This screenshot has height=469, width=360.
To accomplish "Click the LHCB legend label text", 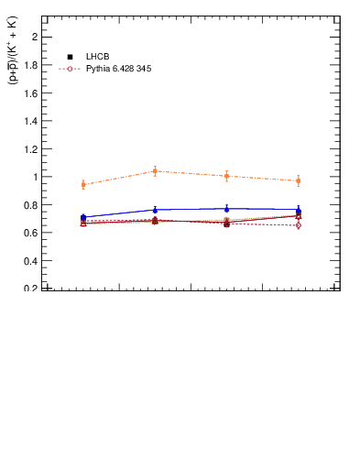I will (97, 57).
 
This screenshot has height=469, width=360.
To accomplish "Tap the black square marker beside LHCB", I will (71, 57).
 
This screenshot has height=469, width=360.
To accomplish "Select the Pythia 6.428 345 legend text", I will (118, 69).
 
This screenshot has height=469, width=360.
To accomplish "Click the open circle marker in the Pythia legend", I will (71, 69).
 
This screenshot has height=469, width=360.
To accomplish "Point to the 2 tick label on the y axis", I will (34, 37).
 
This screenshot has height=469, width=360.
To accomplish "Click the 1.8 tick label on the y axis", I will (30, 65).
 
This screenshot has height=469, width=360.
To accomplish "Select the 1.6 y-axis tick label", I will (30, 93).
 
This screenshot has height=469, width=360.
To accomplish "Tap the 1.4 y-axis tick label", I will (30, 121).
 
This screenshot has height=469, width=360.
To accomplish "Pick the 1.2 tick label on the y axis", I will (30, 148).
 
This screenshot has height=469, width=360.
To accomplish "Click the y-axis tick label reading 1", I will (34, 177).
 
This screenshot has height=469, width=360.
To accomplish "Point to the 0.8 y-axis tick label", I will (30, 204).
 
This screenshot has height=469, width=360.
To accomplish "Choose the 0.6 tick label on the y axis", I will (30, 233).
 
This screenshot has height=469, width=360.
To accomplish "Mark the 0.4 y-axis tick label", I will (30, 260).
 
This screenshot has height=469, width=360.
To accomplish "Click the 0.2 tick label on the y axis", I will (30, 289).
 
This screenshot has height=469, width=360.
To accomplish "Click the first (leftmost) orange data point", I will (83, 185).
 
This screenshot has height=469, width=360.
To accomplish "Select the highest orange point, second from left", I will (155, 171).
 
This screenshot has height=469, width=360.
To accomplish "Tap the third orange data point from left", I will (226, 176).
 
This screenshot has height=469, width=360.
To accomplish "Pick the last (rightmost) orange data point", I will (298, 181).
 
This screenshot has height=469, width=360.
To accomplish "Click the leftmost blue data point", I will (83, 217).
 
